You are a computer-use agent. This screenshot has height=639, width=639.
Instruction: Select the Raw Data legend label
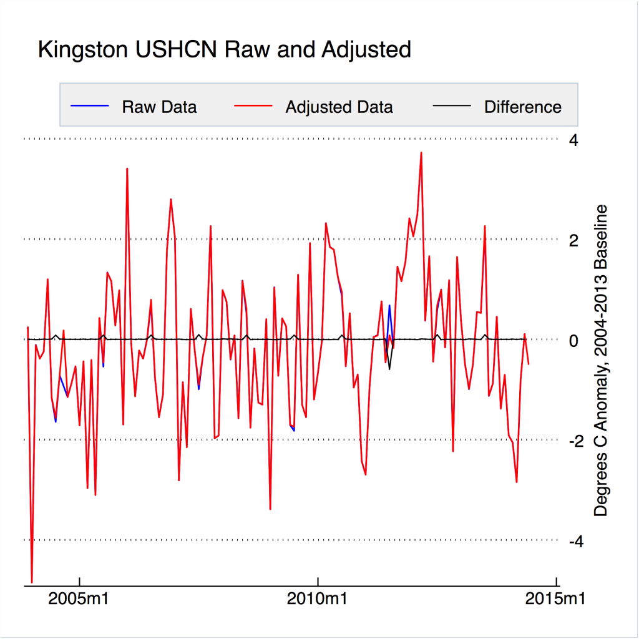[159, 107]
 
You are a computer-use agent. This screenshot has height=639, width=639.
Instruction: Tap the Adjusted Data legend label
[339, 107]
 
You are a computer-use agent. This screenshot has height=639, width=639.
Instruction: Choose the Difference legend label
[522, 107]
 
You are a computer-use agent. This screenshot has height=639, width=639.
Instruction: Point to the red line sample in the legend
[253, 106]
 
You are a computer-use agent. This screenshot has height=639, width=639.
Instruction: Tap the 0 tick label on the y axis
[573, 340]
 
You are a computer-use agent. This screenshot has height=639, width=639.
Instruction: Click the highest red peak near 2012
[421, 153]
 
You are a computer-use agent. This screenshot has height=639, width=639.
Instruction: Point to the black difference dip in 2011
[389, 368]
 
